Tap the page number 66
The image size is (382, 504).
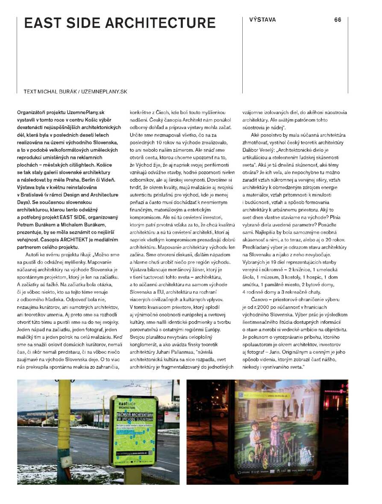338,20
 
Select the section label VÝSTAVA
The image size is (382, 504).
262,20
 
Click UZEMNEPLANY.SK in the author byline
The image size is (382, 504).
105,91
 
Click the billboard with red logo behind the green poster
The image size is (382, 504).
170,415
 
